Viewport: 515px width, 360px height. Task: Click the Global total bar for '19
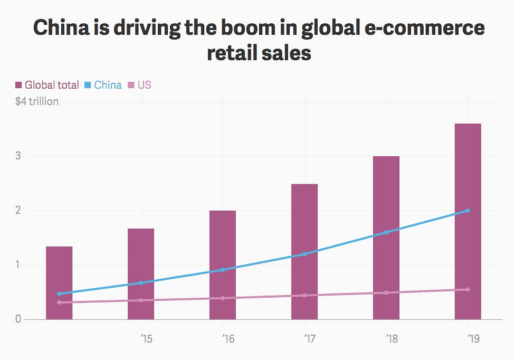468,221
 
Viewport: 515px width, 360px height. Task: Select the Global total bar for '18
386,238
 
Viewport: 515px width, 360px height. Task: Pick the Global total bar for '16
223,264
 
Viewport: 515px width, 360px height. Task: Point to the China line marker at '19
468,211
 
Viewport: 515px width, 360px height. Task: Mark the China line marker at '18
386,232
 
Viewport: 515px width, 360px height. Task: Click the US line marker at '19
468,289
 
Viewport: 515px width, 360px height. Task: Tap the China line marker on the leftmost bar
59,293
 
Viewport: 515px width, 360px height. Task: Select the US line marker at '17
304,295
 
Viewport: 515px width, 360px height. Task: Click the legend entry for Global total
47,85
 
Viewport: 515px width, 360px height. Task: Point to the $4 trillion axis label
37,101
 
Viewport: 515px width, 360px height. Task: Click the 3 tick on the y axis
18,156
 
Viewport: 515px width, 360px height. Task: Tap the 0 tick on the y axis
18,319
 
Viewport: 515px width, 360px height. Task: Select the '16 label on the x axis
228,338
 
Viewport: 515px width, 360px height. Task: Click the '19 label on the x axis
473,338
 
